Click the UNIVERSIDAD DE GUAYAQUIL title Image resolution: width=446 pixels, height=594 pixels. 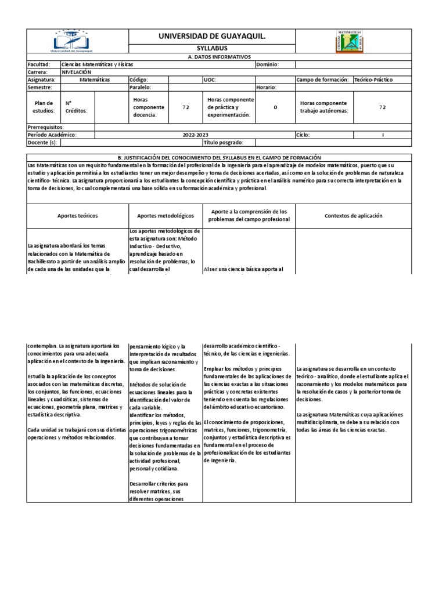point(212,37)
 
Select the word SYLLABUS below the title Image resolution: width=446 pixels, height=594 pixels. point(211,48)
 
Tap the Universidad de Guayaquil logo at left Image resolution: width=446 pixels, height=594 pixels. point(77,41)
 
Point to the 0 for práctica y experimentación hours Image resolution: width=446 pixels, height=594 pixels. point(275,107)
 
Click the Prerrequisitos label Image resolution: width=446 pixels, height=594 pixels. point(45,126)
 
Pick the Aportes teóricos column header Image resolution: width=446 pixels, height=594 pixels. point(77,216)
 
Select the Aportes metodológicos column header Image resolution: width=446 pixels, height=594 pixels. point(165,216)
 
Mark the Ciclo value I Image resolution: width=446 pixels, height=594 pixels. point(383,135)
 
